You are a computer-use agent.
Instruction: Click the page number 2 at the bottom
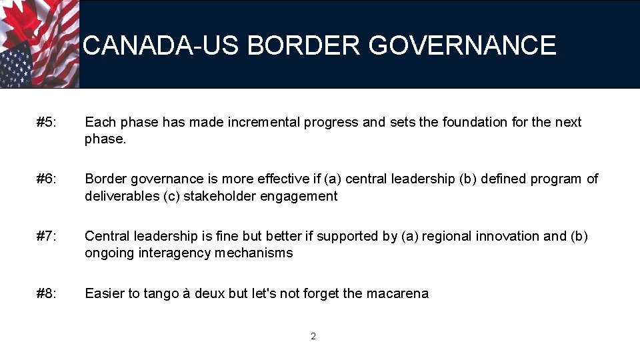313,336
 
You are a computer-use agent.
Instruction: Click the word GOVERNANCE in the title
462,45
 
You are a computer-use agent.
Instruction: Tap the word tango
159,293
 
